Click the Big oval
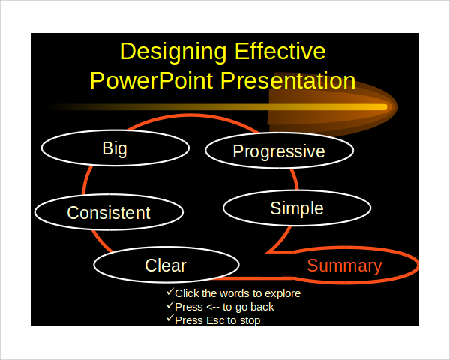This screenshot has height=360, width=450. [x=115, y=148]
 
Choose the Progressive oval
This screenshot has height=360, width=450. [x=278, y=151]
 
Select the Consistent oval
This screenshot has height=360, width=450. [x=109, y=212]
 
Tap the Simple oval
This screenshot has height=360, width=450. [x=297, y=208]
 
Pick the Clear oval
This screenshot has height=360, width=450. [x=166, y=265]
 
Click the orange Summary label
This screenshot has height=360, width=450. [x=344, y=265]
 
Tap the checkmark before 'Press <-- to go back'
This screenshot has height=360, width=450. [x=169, y=306]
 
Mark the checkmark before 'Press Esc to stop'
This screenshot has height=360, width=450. [x=169, y=319]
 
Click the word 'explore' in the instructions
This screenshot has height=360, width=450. [x=282, y=293]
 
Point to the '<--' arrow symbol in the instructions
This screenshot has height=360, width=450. [x=212, y=307]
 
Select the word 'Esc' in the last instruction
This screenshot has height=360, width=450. [x=215, y=319]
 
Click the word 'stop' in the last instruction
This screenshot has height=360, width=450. [x=249, y=319]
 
